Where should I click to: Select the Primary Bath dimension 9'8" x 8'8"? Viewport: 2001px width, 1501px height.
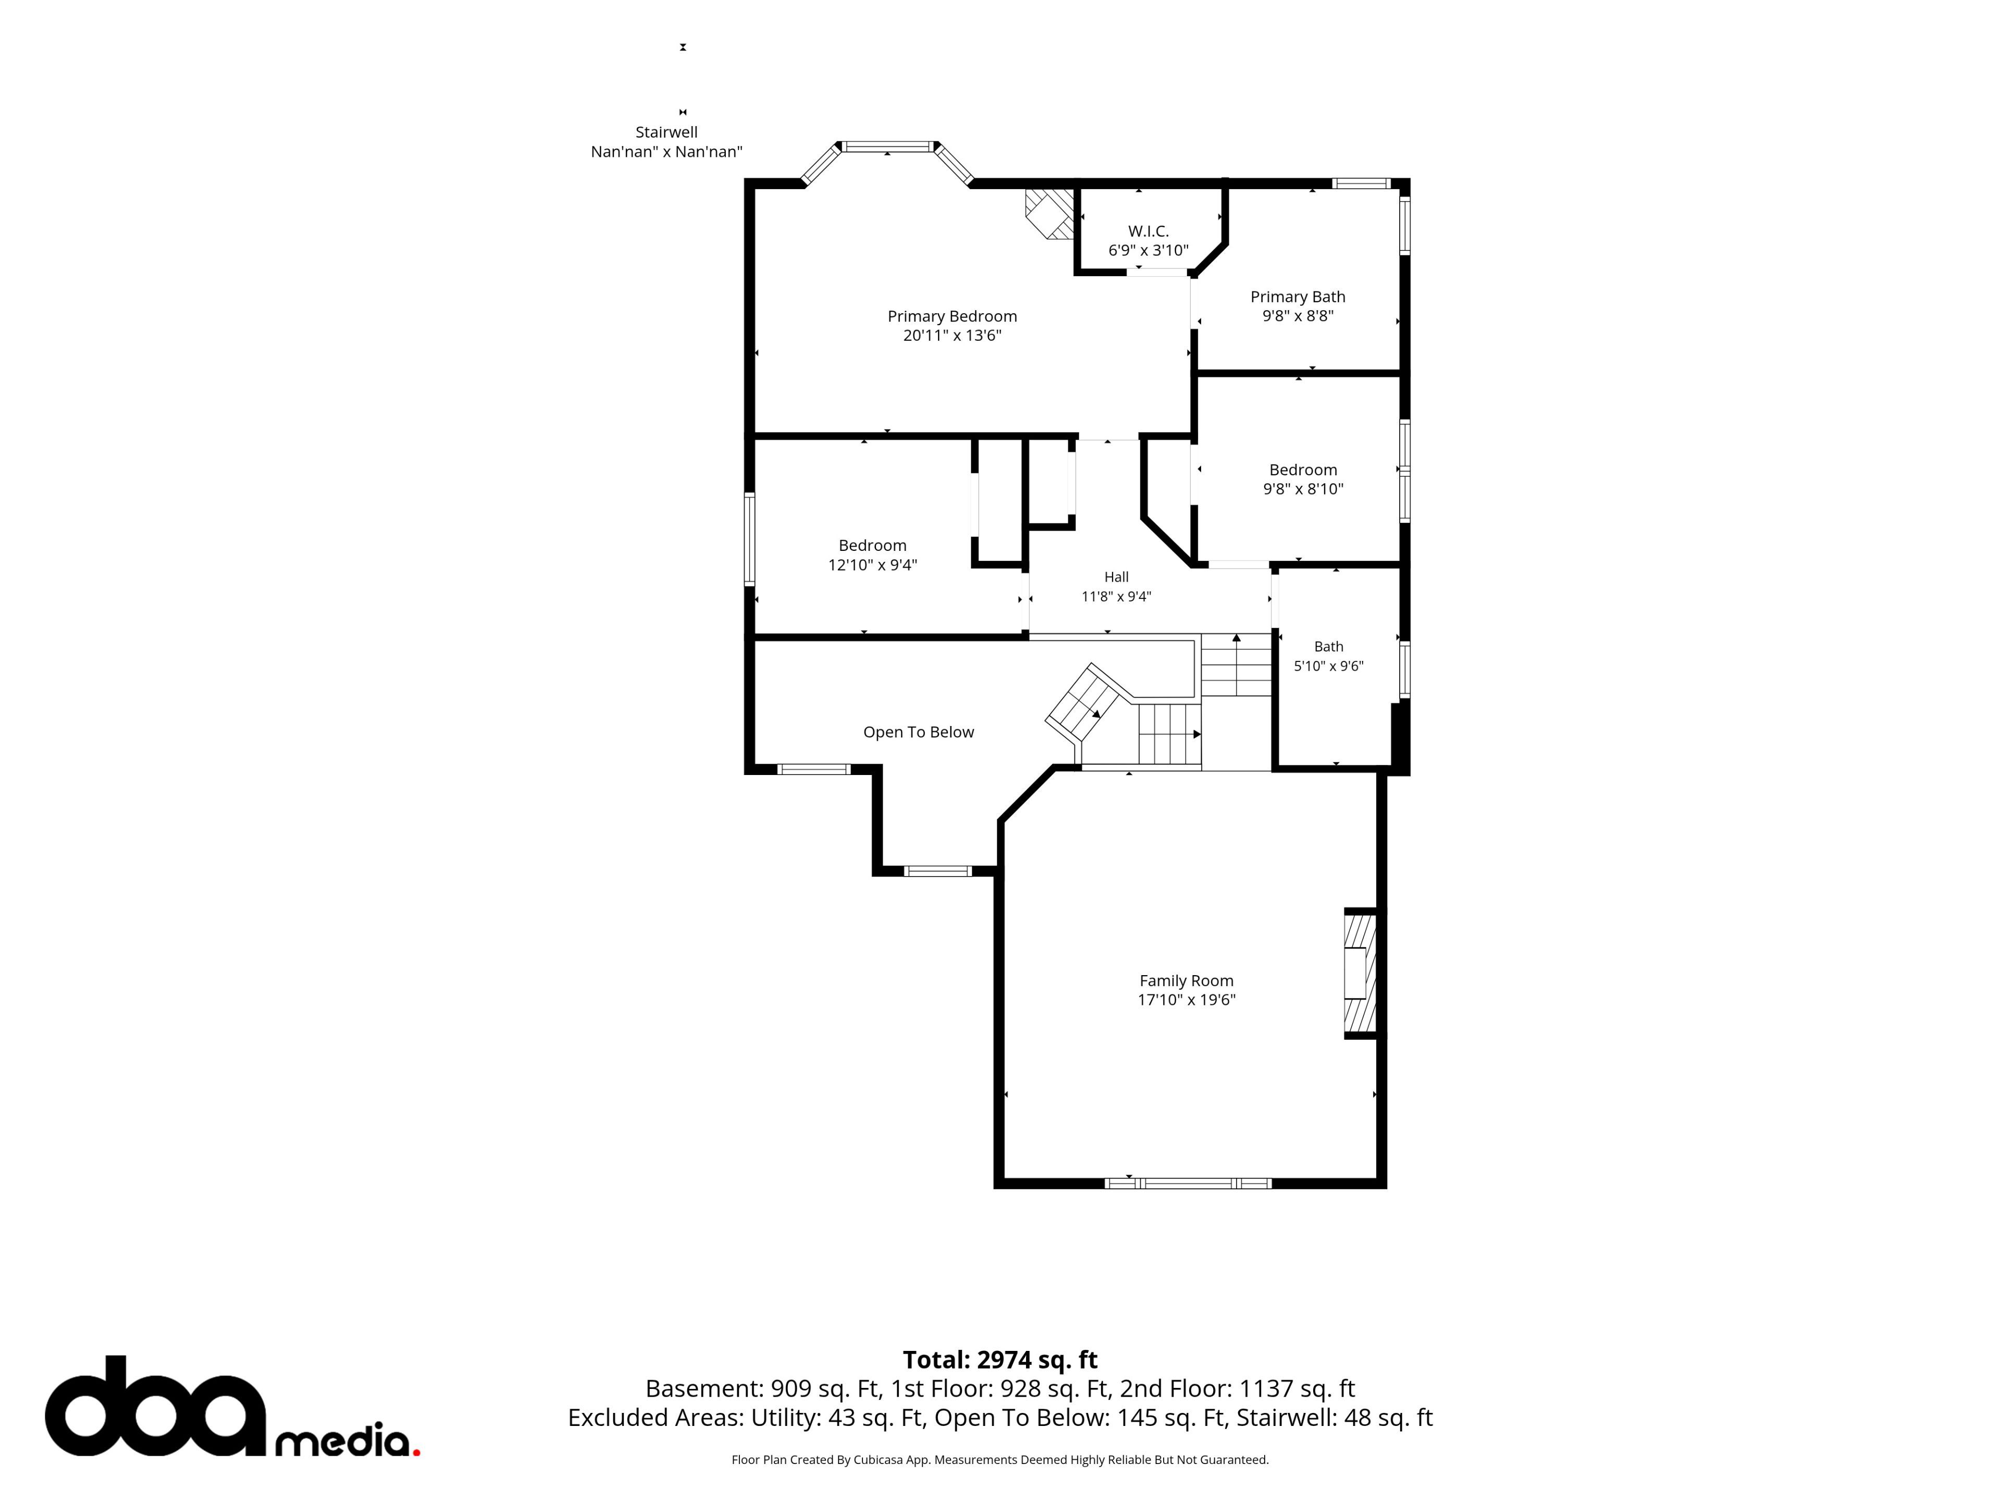(1298, 316)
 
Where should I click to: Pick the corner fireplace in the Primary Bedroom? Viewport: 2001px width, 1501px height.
(1049, 214)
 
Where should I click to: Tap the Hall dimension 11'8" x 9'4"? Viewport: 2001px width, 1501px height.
(1116, 596)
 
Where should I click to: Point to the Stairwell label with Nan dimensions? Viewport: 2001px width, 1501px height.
(666, 142)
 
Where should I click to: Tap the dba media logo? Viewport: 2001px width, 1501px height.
(232, 1407)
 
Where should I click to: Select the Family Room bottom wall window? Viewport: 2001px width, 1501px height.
(1188, 1183)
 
